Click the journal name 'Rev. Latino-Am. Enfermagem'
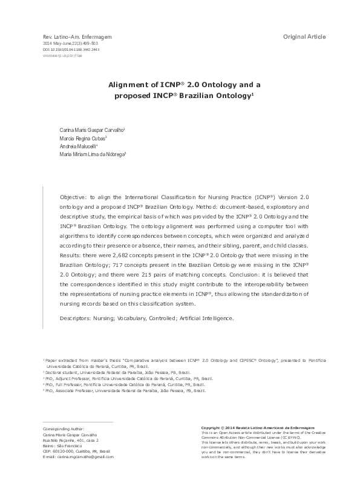(77, 38)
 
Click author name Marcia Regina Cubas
(83, 138)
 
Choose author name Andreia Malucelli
(79, 146)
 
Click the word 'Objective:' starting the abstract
(73, 197)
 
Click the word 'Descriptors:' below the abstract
(76, 317)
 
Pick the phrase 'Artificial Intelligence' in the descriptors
(205, 317)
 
